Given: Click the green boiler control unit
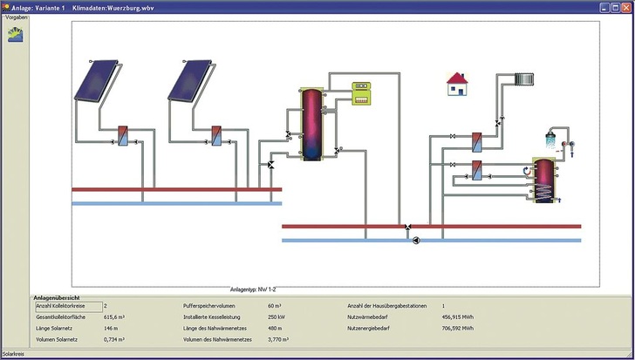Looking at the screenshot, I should [362, 92].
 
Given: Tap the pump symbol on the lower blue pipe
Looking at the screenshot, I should [416, 240].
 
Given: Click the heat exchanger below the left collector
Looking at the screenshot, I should [124, 137].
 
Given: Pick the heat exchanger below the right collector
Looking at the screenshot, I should [215, 137].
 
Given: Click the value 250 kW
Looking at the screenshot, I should [277, 317].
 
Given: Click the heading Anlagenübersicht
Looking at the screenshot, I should [58, 297].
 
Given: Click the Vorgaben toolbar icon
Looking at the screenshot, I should [16, 35].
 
